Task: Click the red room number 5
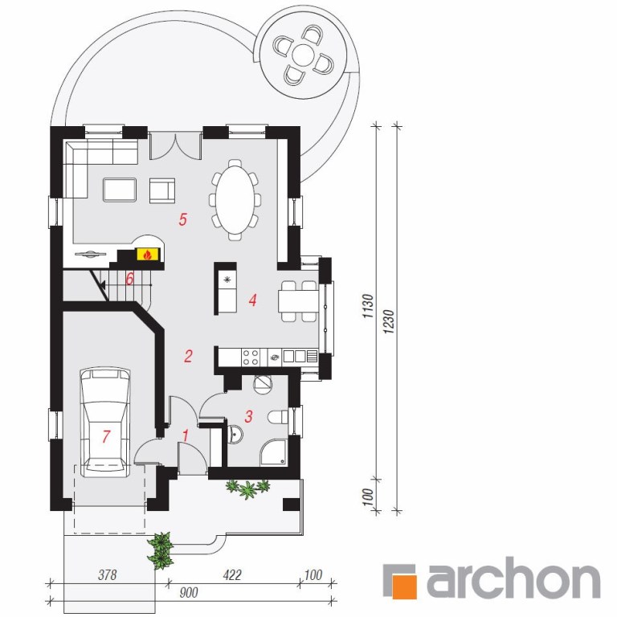coord(182,219)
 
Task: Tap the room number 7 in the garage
coord(106,436)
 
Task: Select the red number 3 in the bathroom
coord(248,416)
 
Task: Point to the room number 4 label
coord(252,300)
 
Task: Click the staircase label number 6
coord(129,279)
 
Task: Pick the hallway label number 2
coord(188,356)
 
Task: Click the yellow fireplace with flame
coord(148,254)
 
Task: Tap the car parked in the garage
coord(105,423)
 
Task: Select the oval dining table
coord(235,199)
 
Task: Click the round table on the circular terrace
coord(303,55)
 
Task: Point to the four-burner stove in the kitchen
coord(251,357)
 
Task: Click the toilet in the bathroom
coord(278,417)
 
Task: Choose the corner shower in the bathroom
coord(274,452)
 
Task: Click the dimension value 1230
coord(388,322)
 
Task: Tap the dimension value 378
coord(107,574)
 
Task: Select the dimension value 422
coord(231,574)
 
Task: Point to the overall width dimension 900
coord(189,592)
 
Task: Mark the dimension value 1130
coord(367,306)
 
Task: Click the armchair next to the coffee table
coord(162,190)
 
